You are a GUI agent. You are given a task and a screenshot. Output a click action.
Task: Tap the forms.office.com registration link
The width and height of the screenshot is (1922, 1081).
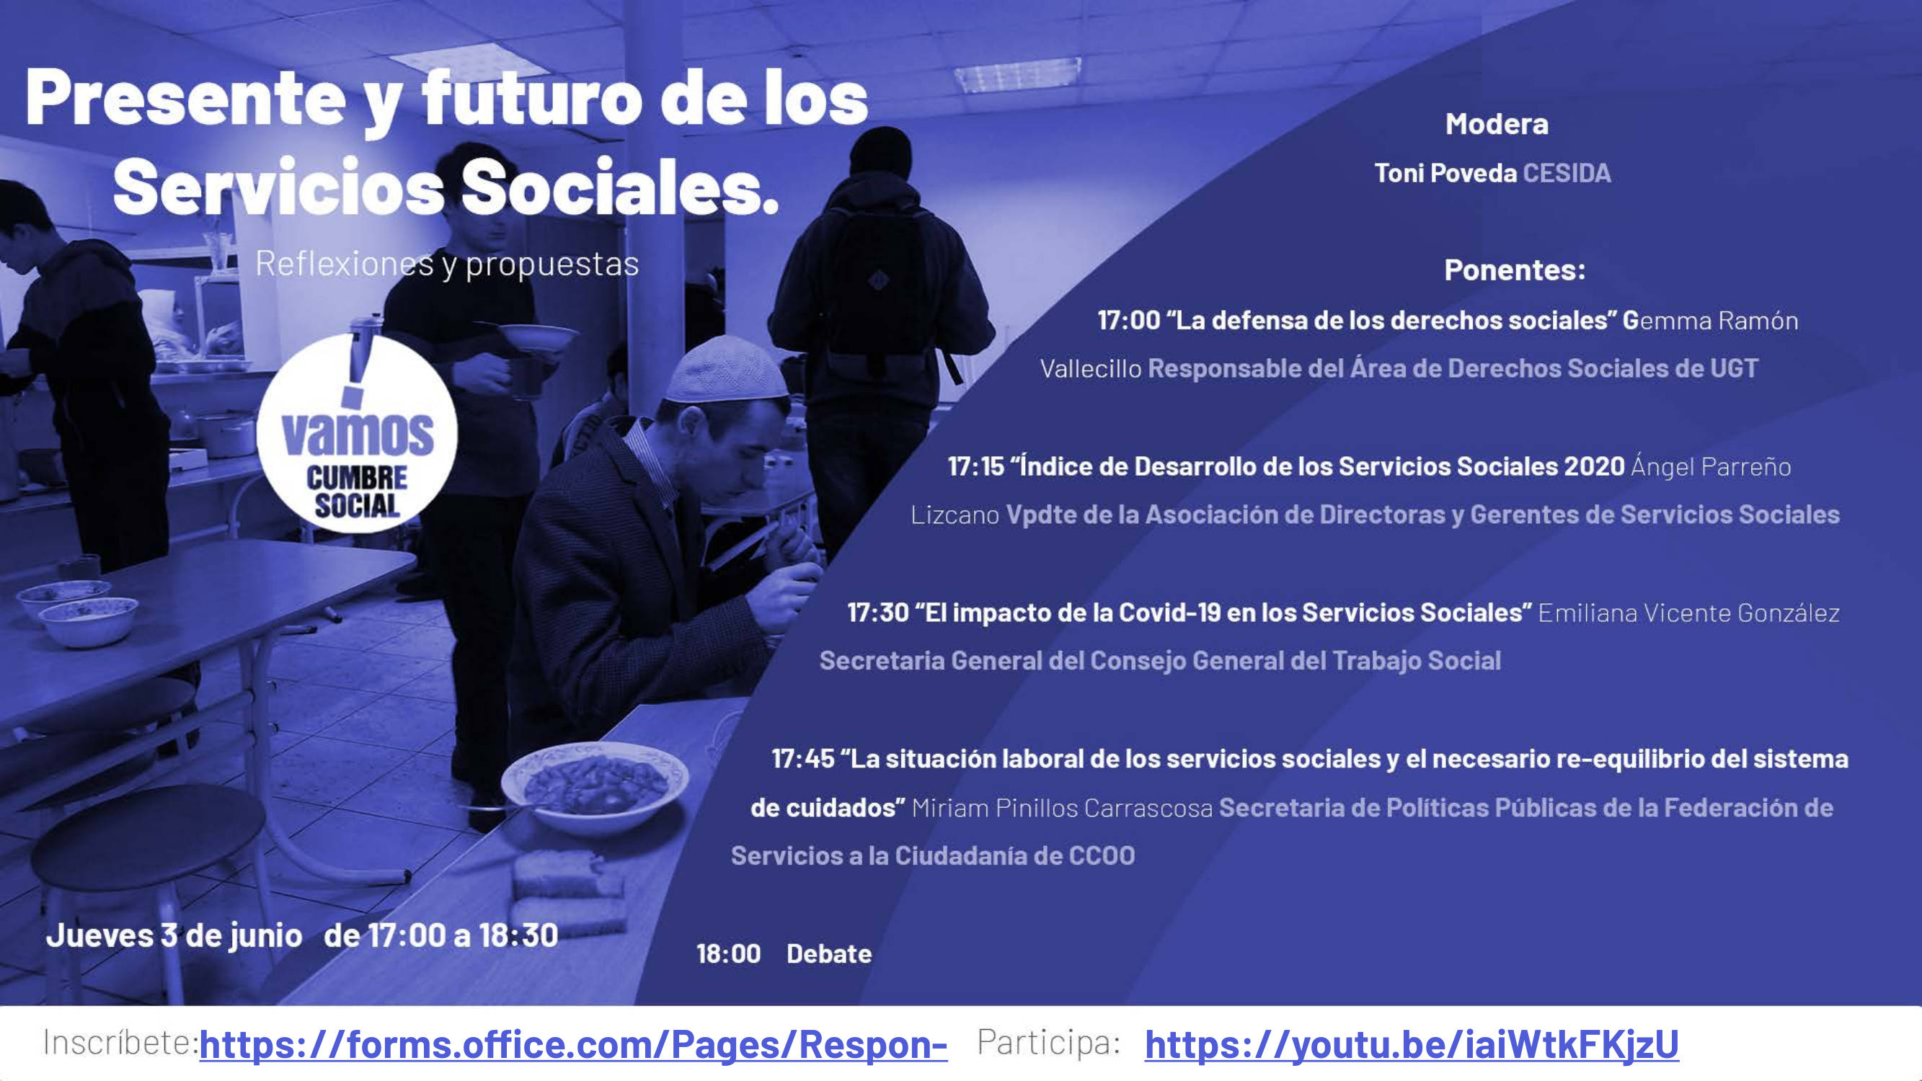573,1044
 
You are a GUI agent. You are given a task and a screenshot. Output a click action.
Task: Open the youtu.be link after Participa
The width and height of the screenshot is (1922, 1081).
1412,1044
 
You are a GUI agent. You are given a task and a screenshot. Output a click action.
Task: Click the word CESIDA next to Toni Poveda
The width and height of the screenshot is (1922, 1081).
1566,173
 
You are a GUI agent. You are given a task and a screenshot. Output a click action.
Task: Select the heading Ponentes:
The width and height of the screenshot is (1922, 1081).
1515,270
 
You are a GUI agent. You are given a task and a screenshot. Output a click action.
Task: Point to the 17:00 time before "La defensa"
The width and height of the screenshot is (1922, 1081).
1128,321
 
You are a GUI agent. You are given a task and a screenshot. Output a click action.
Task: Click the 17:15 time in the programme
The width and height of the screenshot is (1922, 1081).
976,467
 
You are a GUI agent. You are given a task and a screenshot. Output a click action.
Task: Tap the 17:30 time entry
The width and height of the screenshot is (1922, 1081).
878,613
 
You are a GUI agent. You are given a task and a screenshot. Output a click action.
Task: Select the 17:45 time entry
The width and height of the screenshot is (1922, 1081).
803,760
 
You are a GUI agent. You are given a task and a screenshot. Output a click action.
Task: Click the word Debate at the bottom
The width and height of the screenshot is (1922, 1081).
829,954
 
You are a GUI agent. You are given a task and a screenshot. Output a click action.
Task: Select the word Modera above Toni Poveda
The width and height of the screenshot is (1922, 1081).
1497,124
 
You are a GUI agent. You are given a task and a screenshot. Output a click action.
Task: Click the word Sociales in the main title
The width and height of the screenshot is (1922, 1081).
620,187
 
